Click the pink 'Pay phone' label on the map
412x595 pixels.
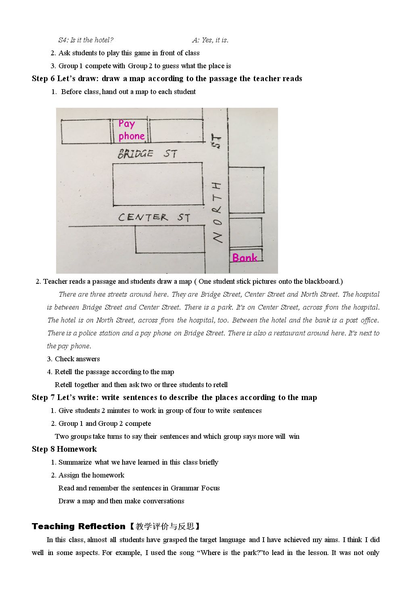132,130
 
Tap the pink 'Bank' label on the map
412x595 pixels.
245,258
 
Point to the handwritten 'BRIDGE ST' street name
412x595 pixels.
147,153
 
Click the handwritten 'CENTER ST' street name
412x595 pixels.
154,217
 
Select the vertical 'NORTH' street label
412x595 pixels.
218,212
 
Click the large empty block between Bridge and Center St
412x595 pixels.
158,184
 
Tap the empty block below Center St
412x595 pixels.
170,239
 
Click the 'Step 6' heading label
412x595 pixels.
43,79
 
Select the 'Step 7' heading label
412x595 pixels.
43,397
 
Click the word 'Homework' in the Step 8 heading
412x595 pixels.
77,449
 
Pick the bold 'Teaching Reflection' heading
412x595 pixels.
78,526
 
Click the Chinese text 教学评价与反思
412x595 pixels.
165,526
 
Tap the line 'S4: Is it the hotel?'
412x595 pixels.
86,40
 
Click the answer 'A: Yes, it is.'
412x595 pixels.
210,40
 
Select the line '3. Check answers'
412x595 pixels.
73,359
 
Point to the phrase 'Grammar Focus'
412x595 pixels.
195,488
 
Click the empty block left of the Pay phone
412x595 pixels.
86,132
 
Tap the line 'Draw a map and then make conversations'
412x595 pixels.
121,501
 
